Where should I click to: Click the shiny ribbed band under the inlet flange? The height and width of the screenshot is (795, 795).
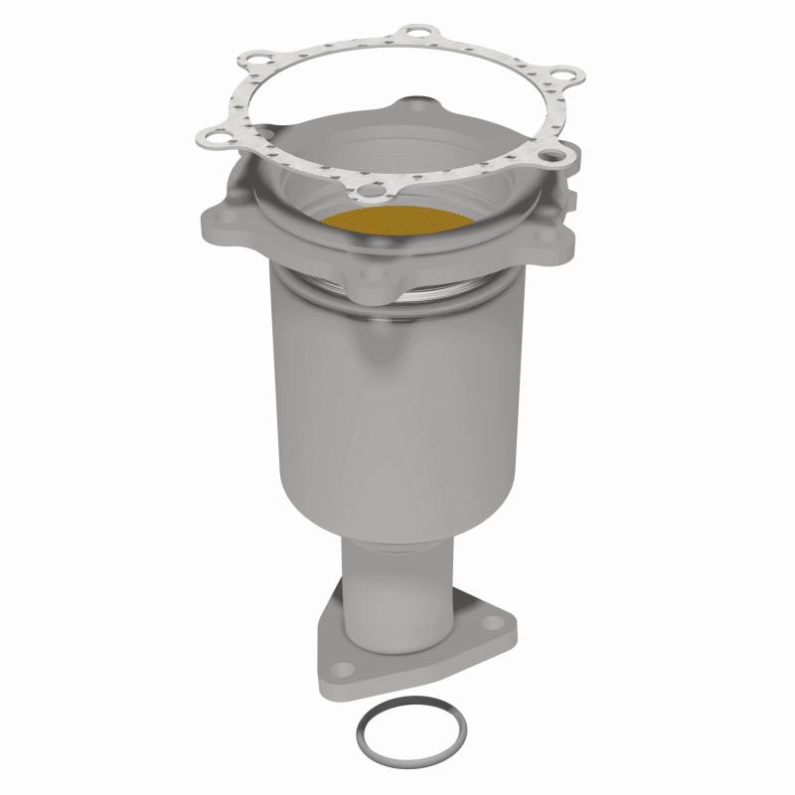(x=397, y=298)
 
